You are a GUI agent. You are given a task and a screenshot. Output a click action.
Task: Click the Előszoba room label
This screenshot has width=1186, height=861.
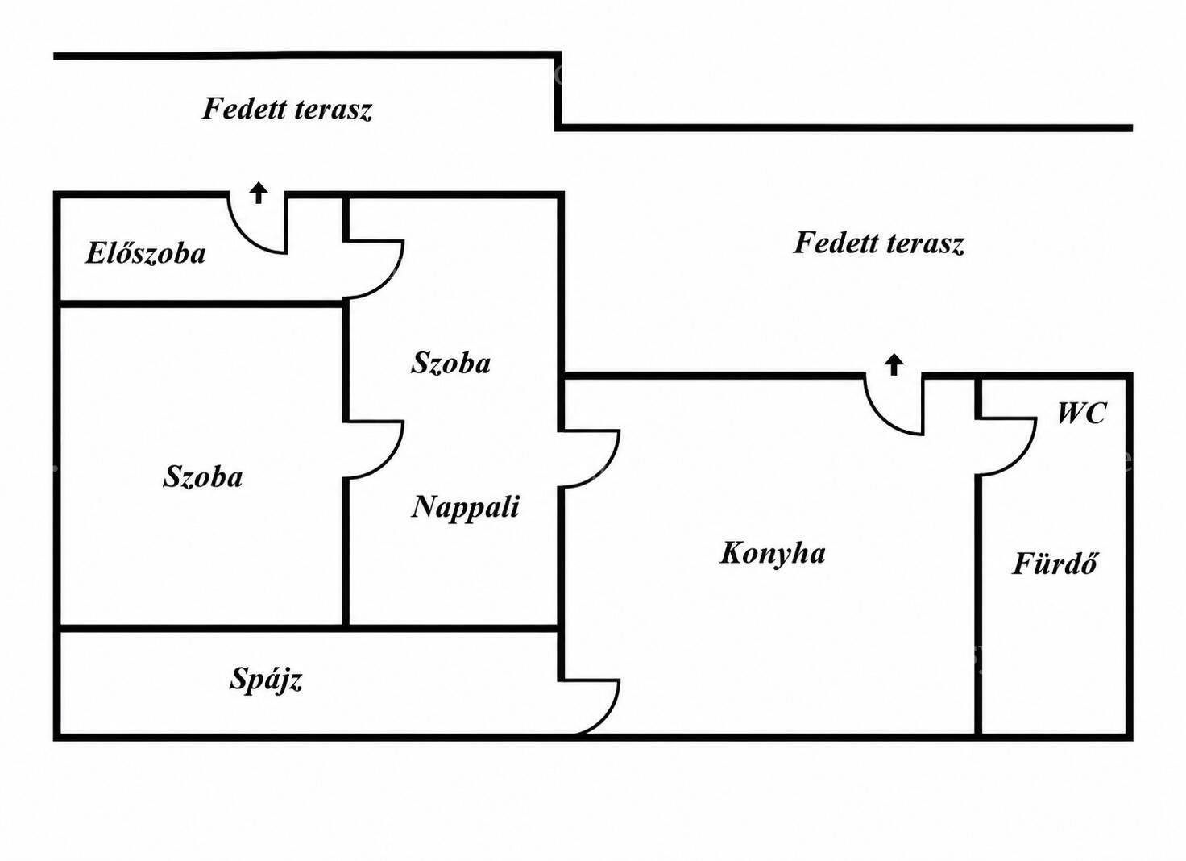146,253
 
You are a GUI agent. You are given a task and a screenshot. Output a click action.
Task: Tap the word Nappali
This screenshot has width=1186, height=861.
466,507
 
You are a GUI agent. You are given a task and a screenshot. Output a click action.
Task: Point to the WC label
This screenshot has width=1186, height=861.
1082,414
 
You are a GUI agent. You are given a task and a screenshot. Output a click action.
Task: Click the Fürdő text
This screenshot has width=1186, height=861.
1055,563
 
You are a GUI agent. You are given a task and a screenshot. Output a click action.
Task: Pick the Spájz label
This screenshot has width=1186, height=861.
266,680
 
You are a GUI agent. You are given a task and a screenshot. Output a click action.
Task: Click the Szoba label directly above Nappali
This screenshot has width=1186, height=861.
450,364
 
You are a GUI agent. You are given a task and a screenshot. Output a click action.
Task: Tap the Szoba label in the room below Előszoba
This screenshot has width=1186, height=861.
202,476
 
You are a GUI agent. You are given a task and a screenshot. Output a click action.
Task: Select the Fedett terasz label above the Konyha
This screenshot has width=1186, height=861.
878,243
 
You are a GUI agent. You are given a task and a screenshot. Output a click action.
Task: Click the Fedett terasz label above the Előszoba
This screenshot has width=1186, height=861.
287,109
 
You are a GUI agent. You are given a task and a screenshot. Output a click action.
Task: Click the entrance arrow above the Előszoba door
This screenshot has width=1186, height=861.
259,193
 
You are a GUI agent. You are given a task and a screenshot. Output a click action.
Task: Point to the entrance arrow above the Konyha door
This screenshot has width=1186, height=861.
894,364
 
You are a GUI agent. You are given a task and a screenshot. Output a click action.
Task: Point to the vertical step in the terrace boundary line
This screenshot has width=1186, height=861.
558,91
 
